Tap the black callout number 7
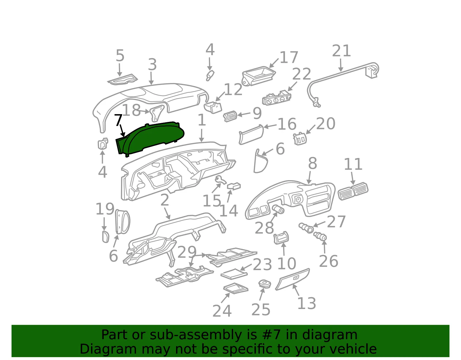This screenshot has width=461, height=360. [118, 120]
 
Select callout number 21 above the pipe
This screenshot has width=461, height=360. [341, 51]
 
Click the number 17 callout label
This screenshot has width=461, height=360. [289, 57]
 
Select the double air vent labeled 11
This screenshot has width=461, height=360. [353, 191]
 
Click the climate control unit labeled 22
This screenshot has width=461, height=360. [277, 98]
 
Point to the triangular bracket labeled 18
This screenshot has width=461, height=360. [157, 113]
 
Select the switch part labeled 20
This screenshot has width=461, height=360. [300, 139]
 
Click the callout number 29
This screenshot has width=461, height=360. [187, 252]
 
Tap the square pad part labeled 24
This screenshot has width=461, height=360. [236, 288]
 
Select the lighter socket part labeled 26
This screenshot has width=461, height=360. [320, 236]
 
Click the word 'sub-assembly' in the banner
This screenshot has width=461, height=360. [196, 335]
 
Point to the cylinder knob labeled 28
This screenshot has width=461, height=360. [278, 209]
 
